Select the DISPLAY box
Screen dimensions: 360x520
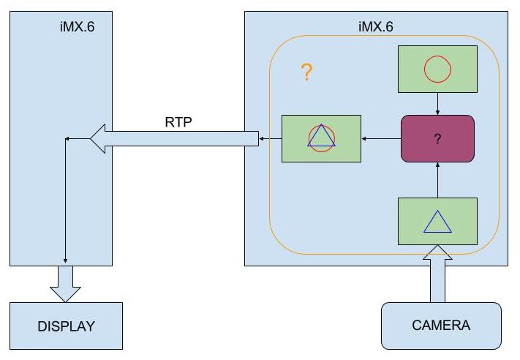point(66,326)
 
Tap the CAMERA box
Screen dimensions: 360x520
point(441,326)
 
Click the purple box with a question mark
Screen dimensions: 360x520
point(437,138)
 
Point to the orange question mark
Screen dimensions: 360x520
point(307,72)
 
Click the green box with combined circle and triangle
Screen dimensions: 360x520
point(321,138)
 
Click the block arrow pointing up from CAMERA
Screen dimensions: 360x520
point(437,278)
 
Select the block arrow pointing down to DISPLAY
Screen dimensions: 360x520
point(66,283)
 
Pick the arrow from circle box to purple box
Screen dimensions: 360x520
point(437,104)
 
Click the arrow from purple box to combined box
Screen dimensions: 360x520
point(381,138)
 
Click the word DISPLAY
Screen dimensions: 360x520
point(66,326)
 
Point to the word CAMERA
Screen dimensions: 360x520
point(441,326)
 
